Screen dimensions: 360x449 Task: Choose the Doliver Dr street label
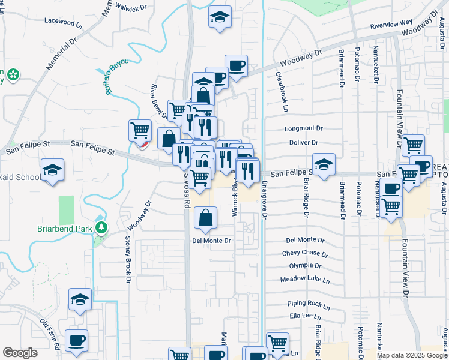point(303,143)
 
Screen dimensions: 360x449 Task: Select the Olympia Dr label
point(305,265)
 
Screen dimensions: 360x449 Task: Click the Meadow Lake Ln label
point(305,280)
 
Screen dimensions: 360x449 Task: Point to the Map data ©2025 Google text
point(412,355)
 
